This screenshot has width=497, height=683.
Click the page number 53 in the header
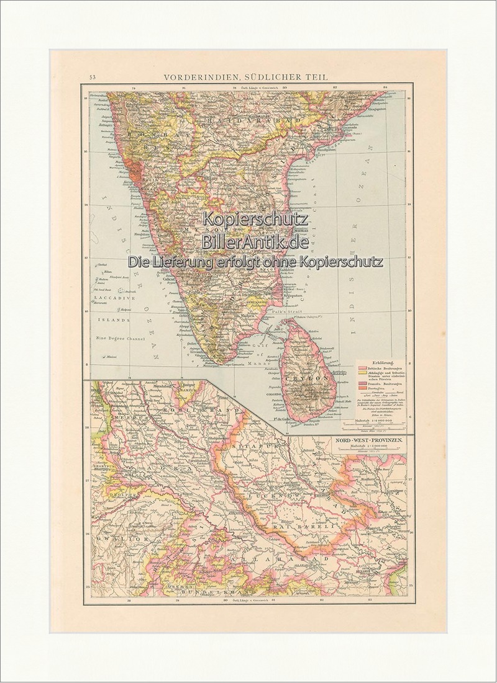[92, 77]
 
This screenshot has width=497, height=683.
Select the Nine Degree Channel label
[120, 339]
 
